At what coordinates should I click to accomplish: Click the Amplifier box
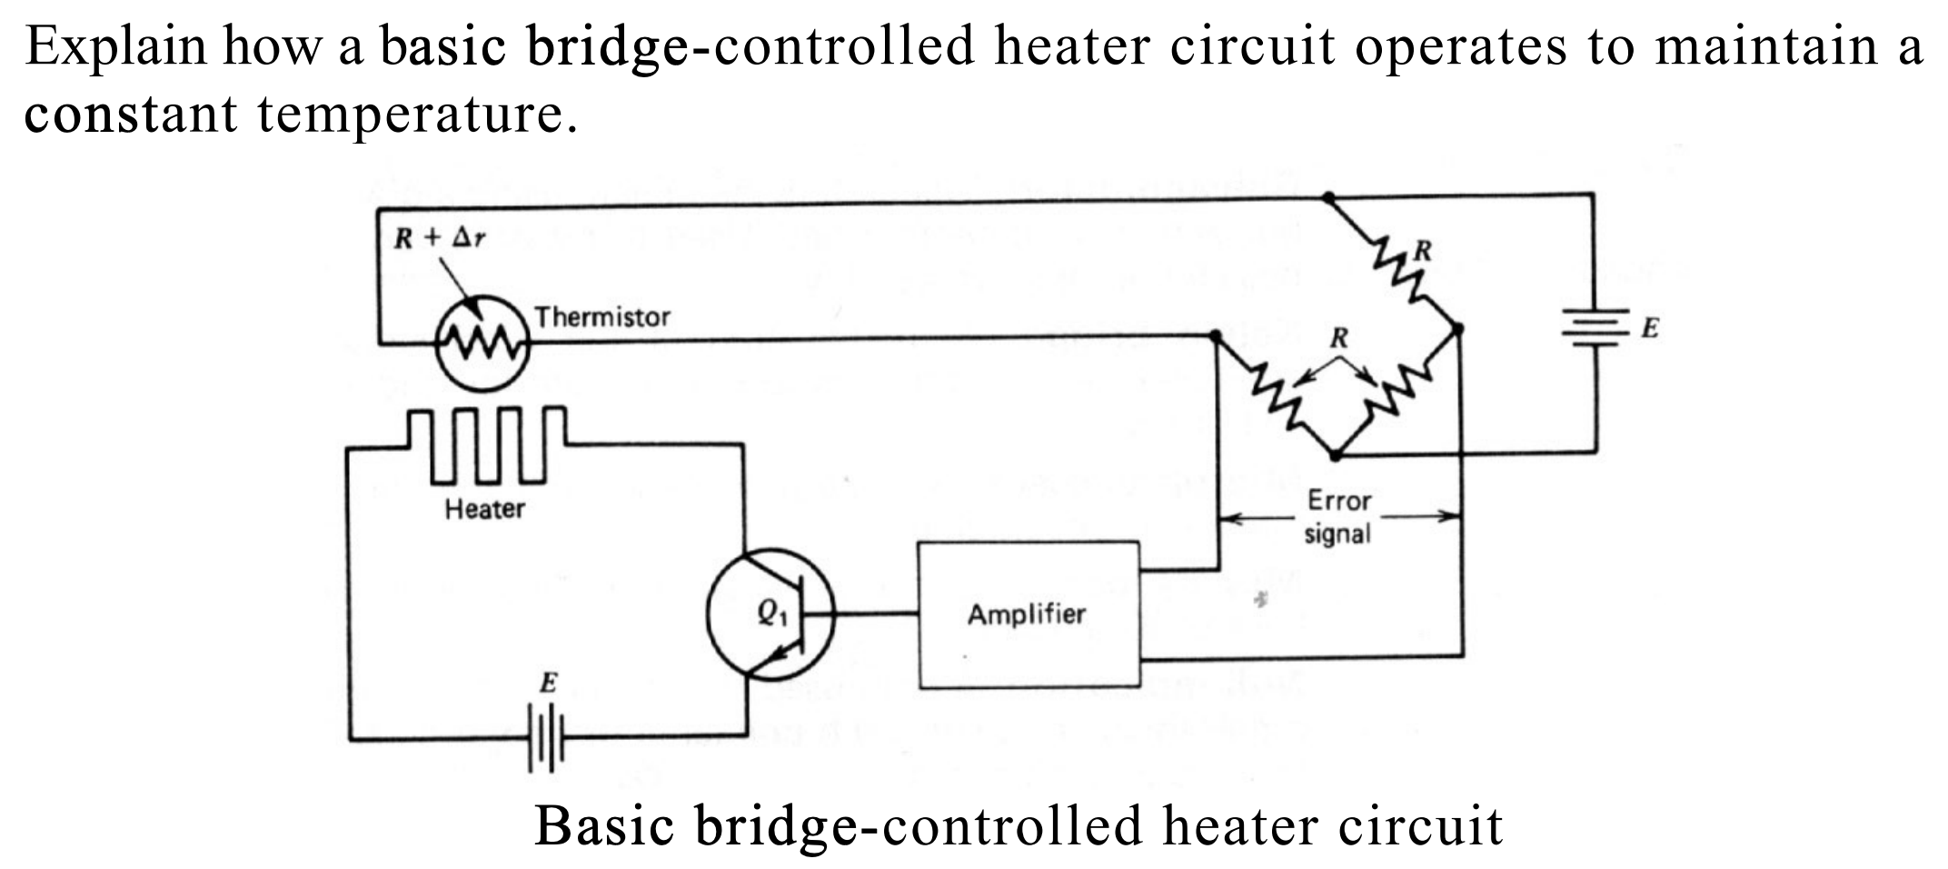click(x=1028, y=614)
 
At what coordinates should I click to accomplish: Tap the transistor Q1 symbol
click(x=770, y=614)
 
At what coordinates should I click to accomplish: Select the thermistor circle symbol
click(x=482, y=343)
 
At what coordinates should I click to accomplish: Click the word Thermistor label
click(x=601, y=317)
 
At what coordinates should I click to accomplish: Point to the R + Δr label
click(x=440, y=238)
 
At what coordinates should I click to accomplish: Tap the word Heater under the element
click(x=484, y=509)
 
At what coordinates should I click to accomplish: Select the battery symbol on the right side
click(x=1595, y=327)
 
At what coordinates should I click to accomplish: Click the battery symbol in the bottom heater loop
click(x=546, y=739)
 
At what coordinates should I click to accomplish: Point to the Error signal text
click(x=1337, y=516)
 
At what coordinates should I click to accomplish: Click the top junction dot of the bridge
click(x=1328, y=197)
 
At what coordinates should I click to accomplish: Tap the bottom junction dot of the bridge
click(x=1335, y=454)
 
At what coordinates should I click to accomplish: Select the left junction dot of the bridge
click(x=1216, y=337)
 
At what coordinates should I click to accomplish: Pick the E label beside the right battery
click(x=1650, y=328)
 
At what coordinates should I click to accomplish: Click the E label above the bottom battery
click(x=548, y=682)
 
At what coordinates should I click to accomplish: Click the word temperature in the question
click(x=416, y=115)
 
